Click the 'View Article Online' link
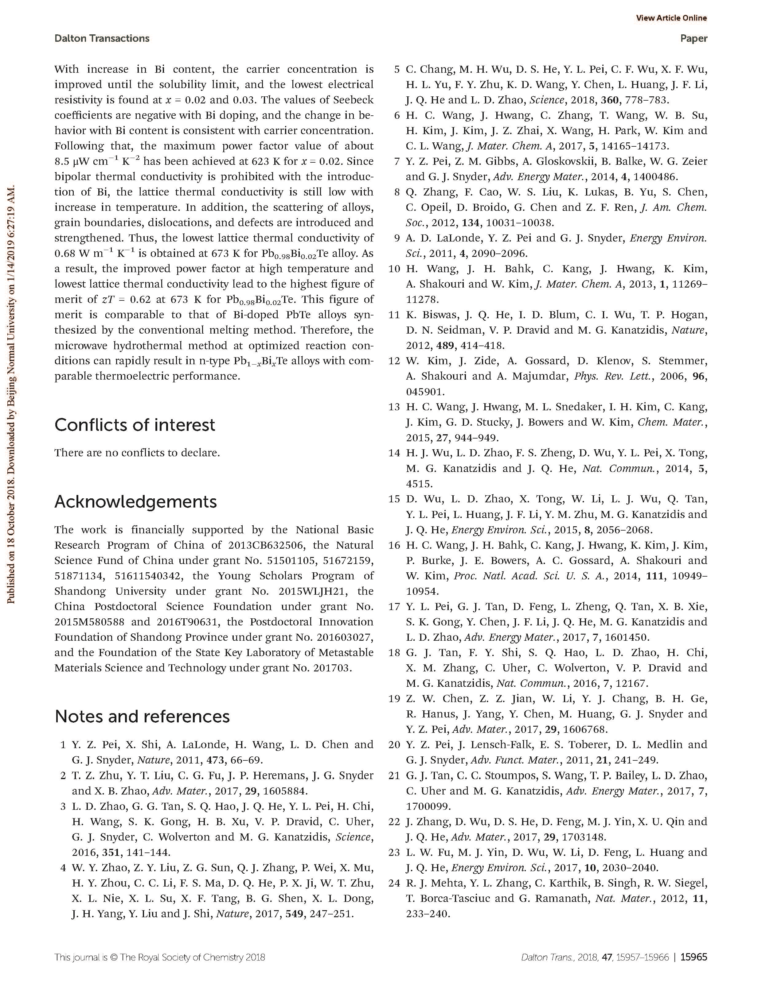671,18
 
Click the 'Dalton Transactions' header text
102,39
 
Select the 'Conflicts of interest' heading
135,425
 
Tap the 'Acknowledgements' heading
136,502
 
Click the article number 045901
425,392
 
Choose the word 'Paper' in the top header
694,39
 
